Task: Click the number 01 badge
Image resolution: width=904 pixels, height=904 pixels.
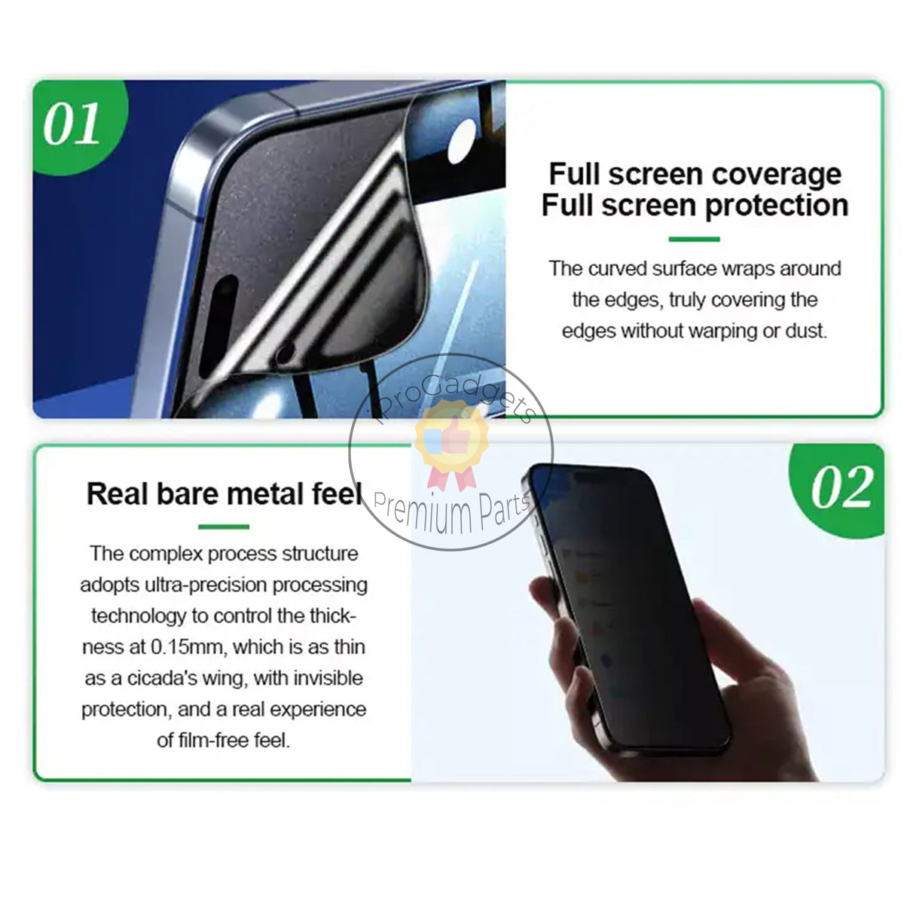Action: [72, 124]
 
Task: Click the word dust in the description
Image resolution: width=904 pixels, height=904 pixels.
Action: [805, 331]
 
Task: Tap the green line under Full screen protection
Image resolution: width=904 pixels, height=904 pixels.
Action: [694, 240]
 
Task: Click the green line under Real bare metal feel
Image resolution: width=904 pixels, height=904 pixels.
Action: [224, 527]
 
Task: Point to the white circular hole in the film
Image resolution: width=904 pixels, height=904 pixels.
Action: [461, 141]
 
